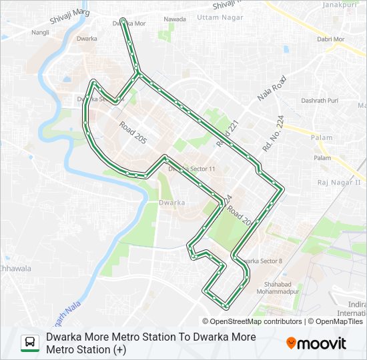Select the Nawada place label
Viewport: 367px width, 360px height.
pyautogui.click(x=174, y=19)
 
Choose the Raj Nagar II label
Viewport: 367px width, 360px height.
pyautogui.click(x=338, y=182)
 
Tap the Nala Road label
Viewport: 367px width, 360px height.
pyautogui.click(x=273, y=89)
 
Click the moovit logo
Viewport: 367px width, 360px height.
pyautogui.click(x=316, y=343)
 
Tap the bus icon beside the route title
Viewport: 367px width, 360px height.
pyautogui.click(x=29, y=343)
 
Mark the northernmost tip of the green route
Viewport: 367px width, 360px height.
pyautogui.click(x=122, y=19)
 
